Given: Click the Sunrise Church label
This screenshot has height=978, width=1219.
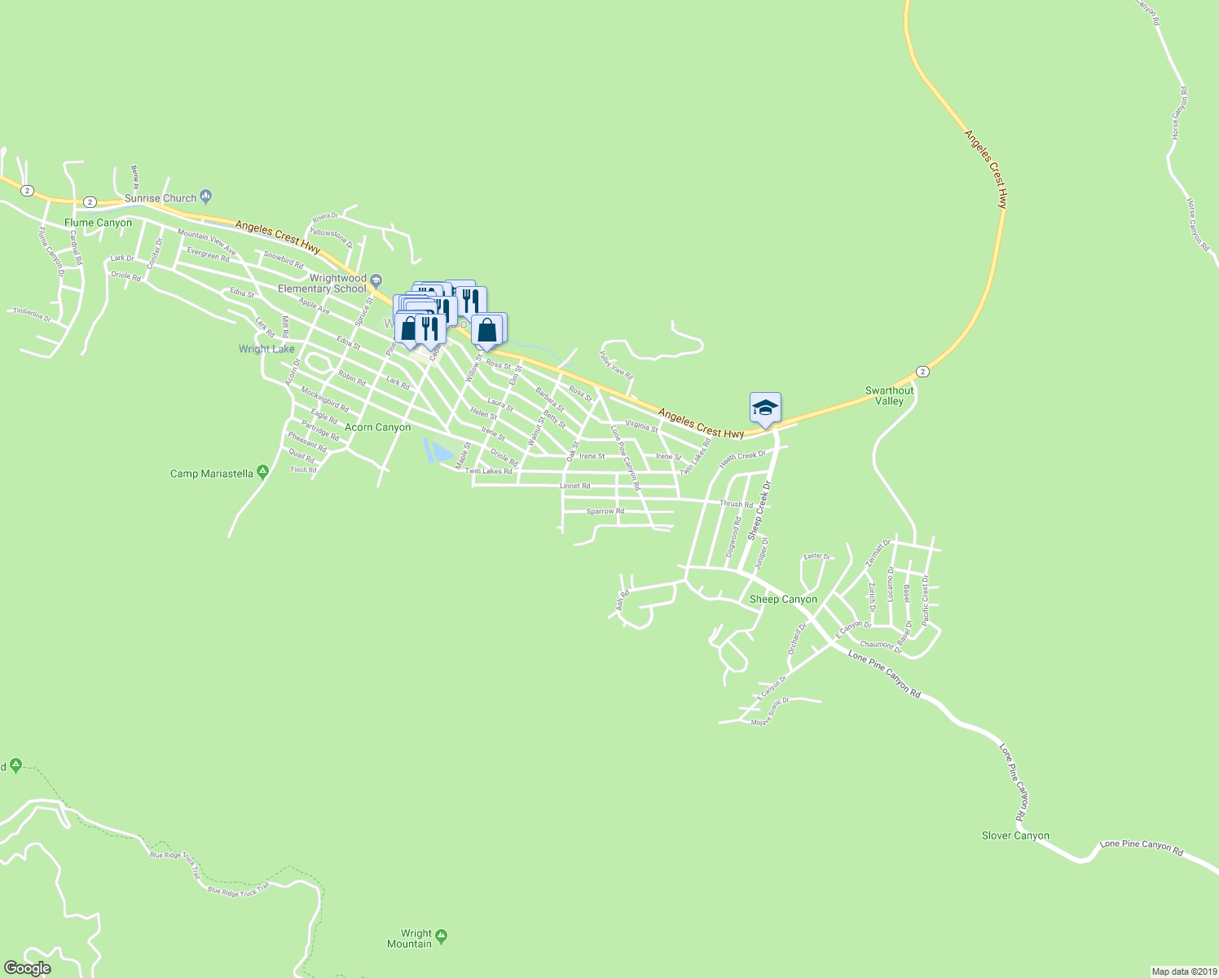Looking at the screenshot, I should click(x=161, y=198).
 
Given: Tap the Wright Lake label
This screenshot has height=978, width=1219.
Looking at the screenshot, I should click(x=266, y=349).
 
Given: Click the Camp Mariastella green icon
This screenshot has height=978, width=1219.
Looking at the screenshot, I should click(x=262, y=471).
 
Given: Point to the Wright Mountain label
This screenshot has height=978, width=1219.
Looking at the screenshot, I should click(x=416, y=939).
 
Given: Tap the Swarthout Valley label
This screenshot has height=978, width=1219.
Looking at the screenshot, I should click(x=889, y=396).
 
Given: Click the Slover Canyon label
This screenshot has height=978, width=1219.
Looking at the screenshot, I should click(x=1015, y=835).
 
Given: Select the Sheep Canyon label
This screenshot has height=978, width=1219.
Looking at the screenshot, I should click(x=782, y=599).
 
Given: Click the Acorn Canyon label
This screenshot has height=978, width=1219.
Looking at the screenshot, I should click(x=377, y=427).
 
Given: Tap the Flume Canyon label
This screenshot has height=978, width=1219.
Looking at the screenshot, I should click(x=98, y=222).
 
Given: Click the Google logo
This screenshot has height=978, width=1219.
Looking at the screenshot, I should click(x=27, y=967).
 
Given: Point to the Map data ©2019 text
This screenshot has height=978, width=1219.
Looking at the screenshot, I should click(x=1182, y=971).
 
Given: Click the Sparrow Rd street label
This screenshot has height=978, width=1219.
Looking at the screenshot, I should click(x=605, y=512).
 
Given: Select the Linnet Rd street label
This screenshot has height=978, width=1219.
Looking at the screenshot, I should click(x=574, y=486).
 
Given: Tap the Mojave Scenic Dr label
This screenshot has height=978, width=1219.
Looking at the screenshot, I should click(x=770, y=711).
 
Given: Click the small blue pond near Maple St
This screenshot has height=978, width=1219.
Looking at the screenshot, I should click(x=439, y=451).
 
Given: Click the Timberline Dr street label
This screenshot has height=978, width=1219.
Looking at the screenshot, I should click(x=31, y=315).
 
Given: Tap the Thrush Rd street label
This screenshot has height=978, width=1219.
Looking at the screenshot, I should click(x=736, y=504).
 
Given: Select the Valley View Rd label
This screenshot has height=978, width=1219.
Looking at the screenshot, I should click(x=616, y=364).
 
